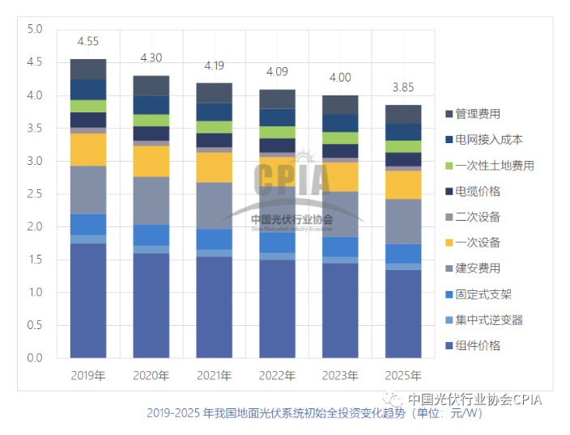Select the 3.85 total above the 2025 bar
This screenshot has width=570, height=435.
[x=402, y=87]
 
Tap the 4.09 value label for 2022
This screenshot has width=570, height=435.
[x=277, y=71]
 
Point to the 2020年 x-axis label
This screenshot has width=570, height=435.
[x=151, y=376]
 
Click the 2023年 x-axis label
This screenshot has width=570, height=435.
[x=339, y=376]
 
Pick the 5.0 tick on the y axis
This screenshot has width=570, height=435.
[x=34, y=29]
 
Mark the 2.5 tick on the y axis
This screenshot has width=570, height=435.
[x=34, y=193]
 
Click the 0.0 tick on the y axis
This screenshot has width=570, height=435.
[x=34, y=357]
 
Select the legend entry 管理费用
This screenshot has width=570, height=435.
[x=478, y=114]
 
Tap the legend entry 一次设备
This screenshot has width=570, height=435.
[x=478, y=243]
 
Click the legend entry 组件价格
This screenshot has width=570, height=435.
[x=478, y=346]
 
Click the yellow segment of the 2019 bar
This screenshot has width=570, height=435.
[x=88, y=150]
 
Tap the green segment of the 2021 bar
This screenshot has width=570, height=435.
[x=214, y=127]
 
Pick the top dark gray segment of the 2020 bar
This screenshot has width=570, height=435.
[x=151, y=86]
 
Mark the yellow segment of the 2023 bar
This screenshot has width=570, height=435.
[x=339, y=176]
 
